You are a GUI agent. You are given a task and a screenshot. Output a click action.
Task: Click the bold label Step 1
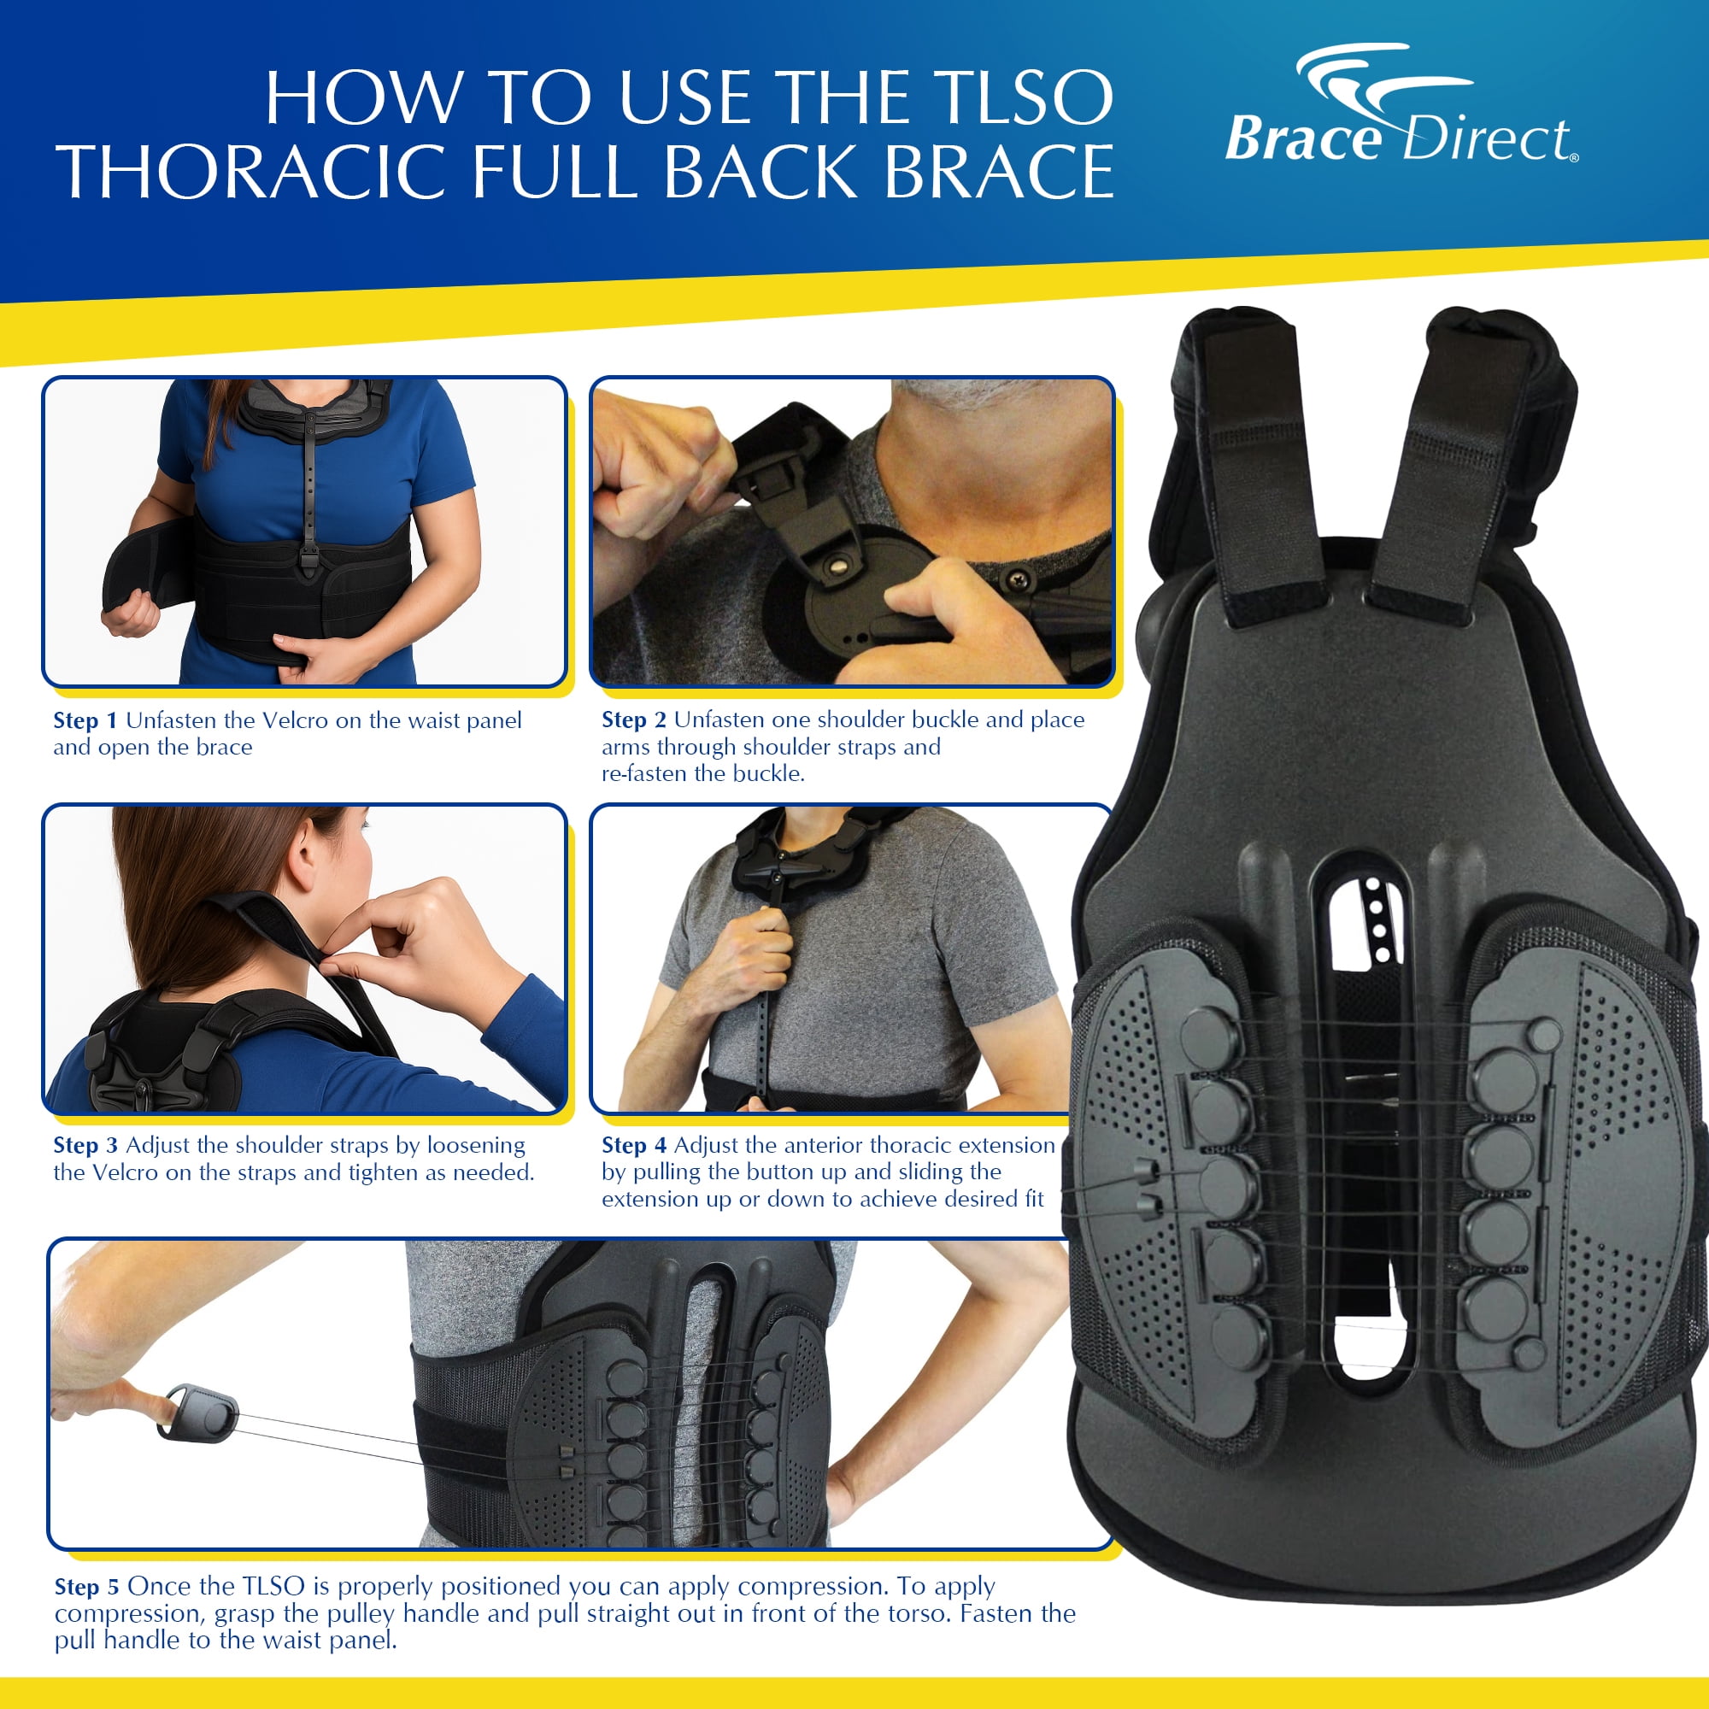[85, 721]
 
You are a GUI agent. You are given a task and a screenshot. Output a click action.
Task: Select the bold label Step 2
[633, 720]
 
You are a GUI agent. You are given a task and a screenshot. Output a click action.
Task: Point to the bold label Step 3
[85, 1146]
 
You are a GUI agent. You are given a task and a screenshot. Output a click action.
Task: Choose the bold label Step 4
[633, 1146]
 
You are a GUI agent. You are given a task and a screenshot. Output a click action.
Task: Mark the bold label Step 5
[85, 1586]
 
